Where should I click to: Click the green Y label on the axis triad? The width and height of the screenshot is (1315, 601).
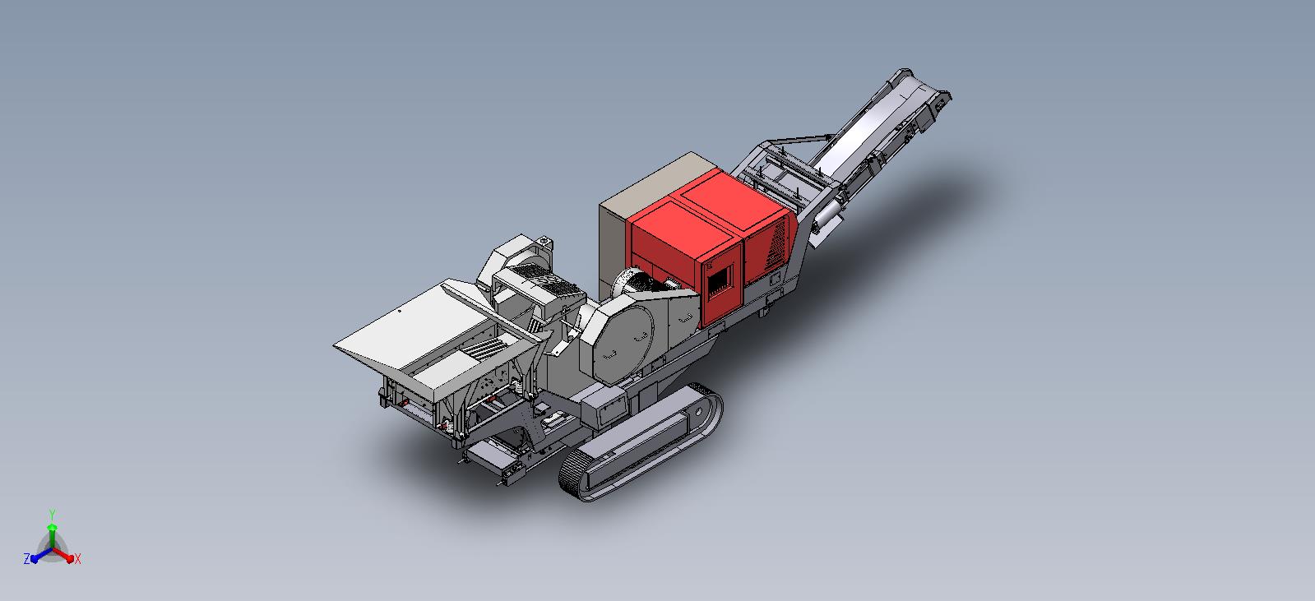tap(53, 515)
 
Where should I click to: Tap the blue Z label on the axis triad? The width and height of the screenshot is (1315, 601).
tap(26, 559)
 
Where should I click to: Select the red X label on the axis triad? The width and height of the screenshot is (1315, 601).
tap(77, 559)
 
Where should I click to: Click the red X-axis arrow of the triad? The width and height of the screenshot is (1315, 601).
tap(63, 555)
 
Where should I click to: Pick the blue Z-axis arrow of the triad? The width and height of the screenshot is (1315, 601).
tap(42, 555)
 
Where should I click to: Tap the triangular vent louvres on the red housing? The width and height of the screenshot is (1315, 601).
tap(777, 245)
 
